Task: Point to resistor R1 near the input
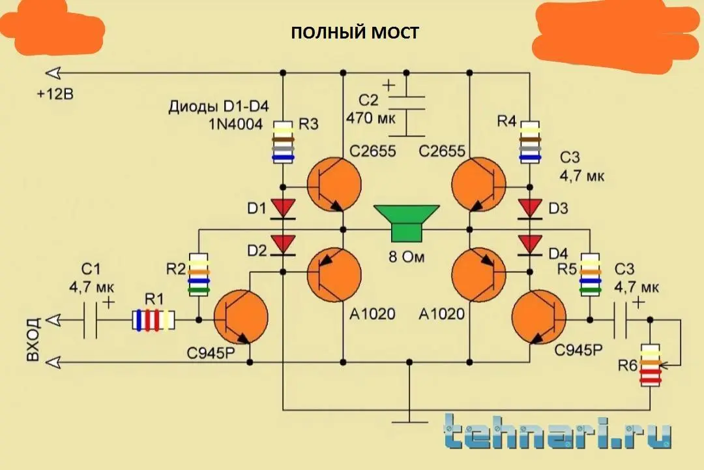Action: (x=154, y=320)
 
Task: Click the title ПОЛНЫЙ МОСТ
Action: (x=355, y=33)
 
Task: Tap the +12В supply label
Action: (x=55, y=95)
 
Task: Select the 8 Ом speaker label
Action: (x=406, y=257)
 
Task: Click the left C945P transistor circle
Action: (x=240, y=320)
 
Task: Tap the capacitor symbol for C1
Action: (x=93, y=320)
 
